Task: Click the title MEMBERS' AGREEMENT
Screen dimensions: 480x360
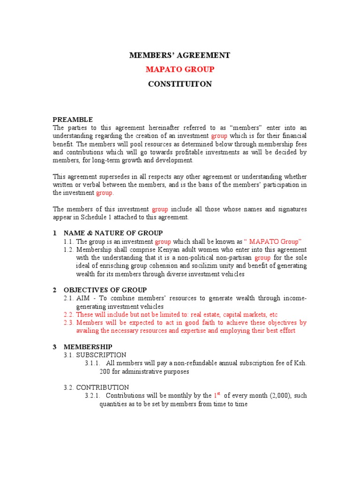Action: pyautogui.click(x=180, y=55)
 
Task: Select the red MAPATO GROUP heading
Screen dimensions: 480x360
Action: pyautogui.click(x=180, y=69)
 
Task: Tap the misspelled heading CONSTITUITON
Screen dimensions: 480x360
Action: pyautogui.click(x=180, y=84)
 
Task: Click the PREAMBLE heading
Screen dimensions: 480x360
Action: pyautogui.click(x=73, y=119)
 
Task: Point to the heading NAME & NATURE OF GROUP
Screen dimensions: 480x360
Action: pyautogui.click(x=113, y=233)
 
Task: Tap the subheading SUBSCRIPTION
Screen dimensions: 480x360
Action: pyautogui.click(x=101, y=355)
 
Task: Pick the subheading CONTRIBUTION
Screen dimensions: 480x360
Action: pyautogui.click(x=103, y=387)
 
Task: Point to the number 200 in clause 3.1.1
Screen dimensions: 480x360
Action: pyautogui.click(x=105, y=371)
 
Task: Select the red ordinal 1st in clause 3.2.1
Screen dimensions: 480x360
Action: pyautogui.click(x=217, y=395)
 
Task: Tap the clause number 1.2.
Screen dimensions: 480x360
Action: pyautogui.click(x=69, y=249)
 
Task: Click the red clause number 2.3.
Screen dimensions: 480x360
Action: pyautogui.click(x=69, y=322)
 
